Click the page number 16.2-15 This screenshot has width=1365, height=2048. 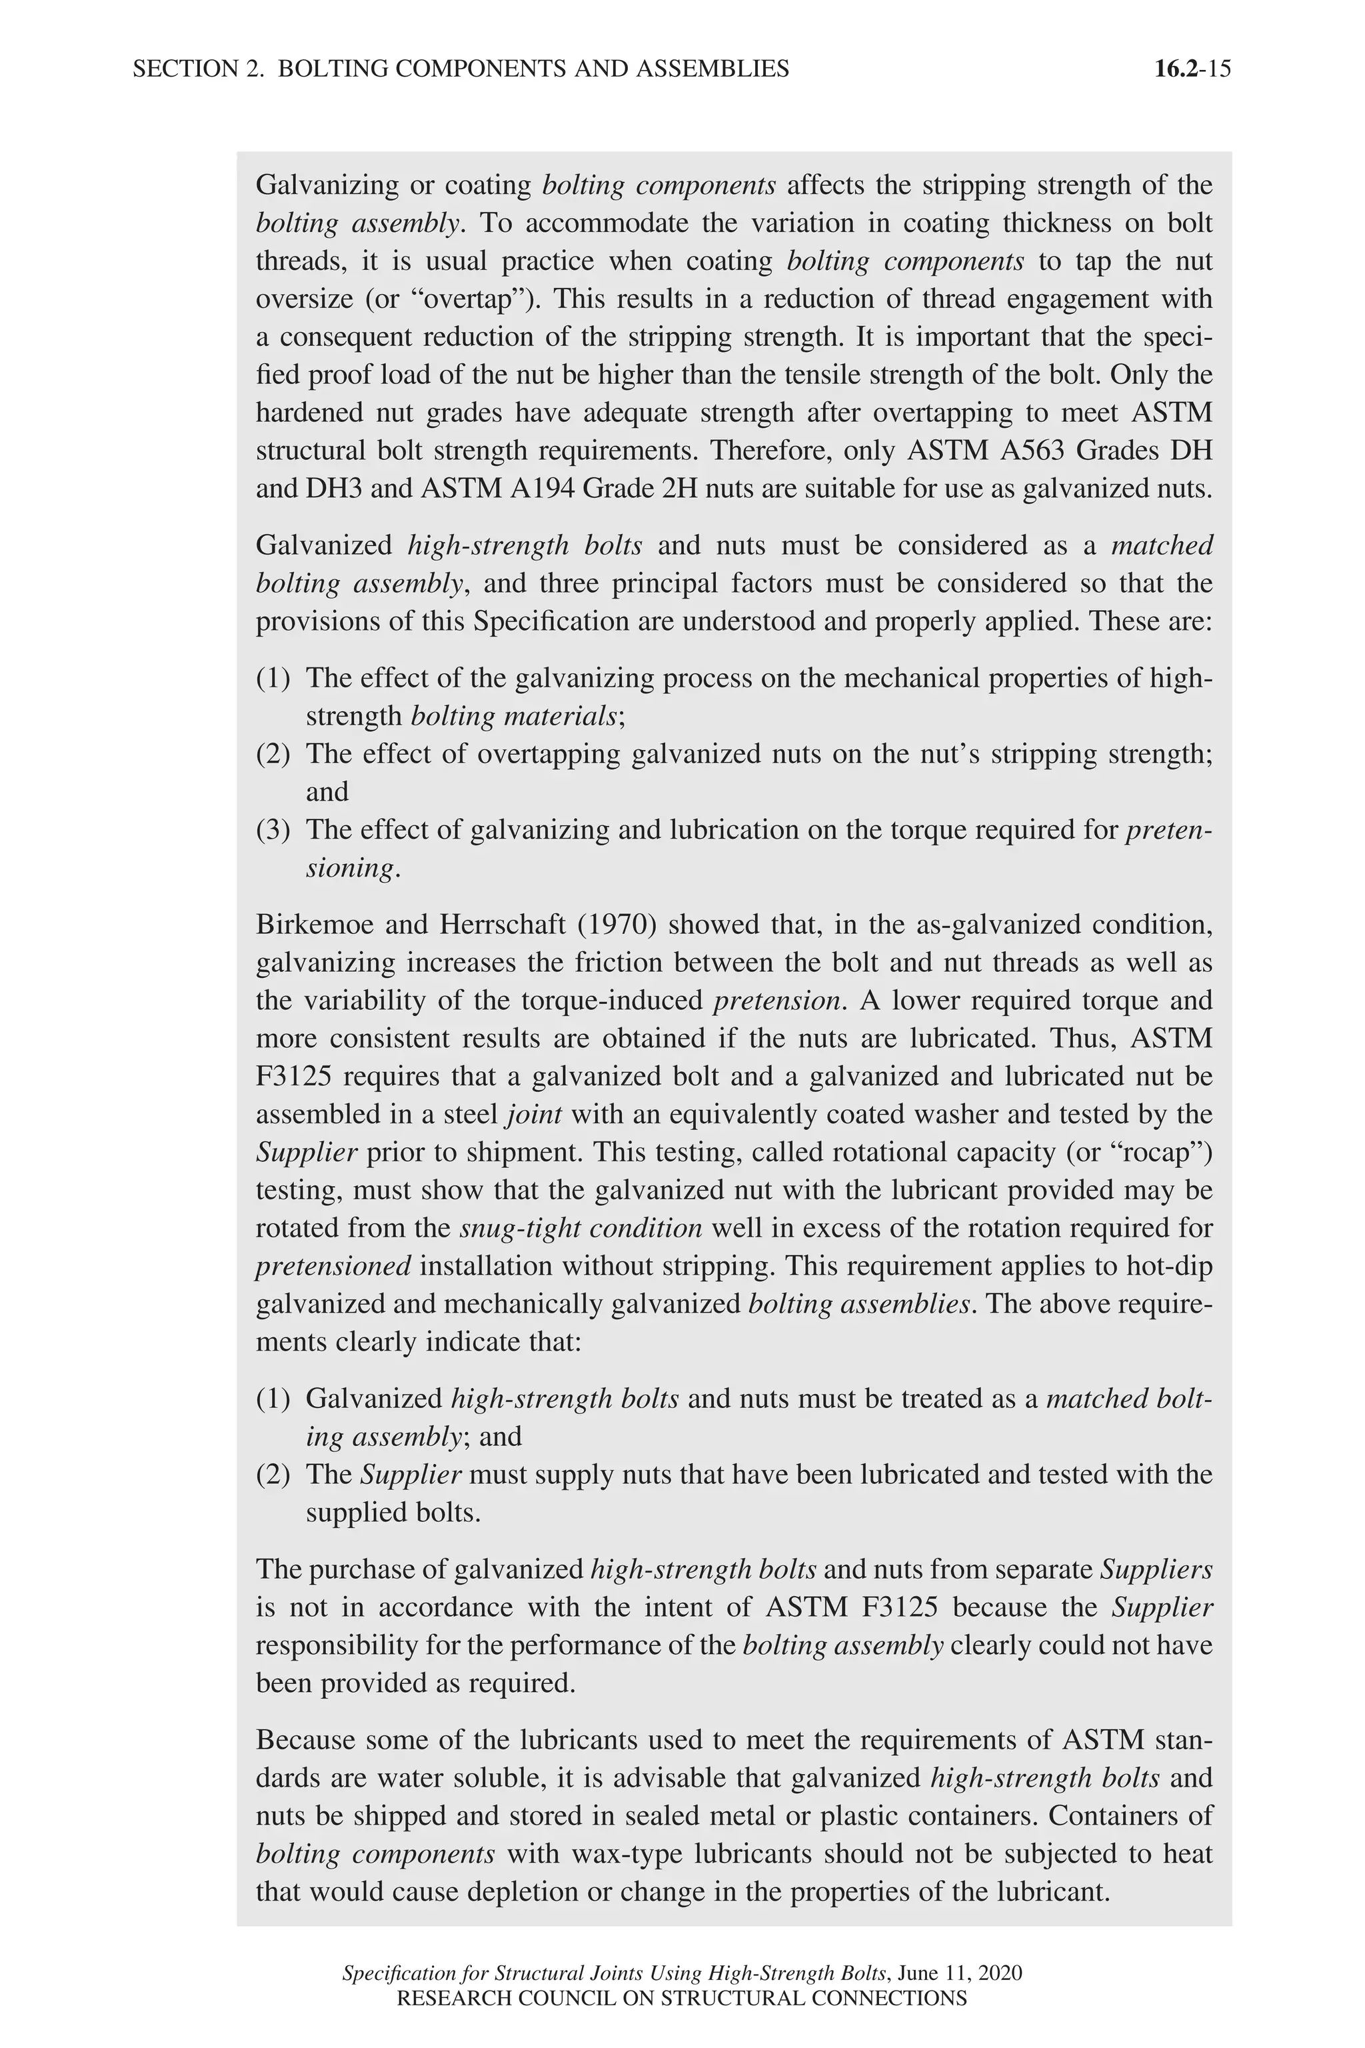pos(1192,69)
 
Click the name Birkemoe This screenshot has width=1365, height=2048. pos(313,924)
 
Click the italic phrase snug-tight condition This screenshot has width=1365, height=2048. pos(581,1228)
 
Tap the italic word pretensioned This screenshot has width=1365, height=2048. pos(333,1266)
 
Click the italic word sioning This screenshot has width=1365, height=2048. pos(352,868)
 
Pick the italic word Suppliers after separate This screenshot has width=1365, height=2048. pos(1156,1569)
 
